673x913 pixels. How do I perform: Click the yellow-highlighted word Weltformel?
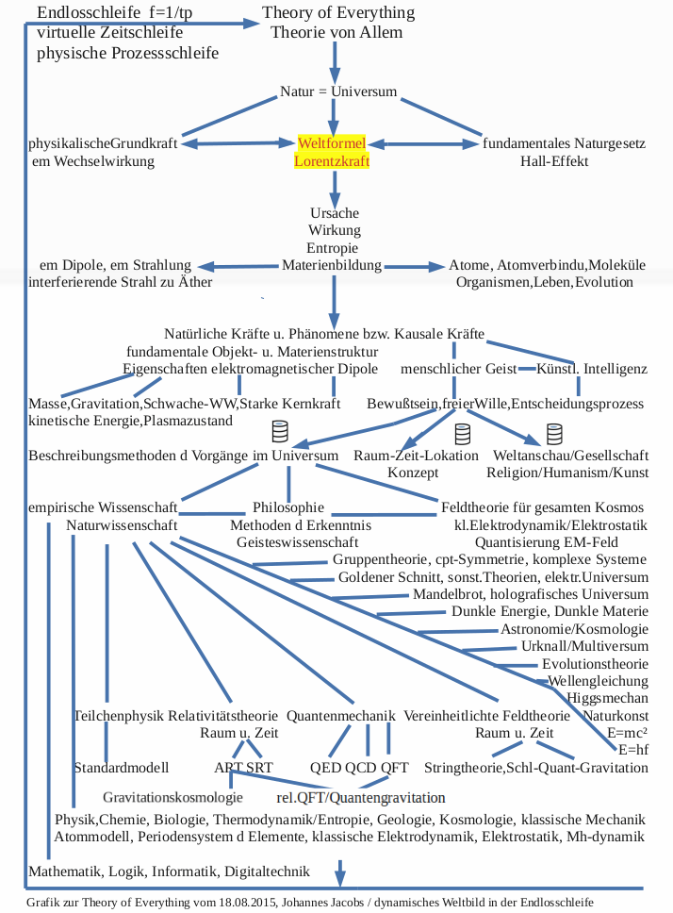click(331, 143)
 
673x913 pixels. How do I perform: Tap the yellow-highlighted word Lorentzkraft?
click(331, 161)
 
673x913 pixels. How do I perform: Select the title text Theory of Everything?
click(337, 13)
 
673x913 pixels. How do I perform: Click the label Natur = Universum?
click(338, 91)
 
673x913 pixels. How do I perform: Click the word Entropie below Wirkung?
click(334, 248)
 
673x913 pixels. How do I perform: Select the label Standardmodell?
click(121, 767)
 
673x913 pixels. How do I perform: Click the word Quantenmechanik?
click(340, 715)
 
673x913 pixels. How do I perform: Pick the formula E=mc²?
click(627, 733)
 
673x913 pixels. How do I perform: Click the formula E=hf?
click(632, 750)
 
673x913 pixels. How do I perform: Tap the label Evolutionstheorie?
click(595, 664)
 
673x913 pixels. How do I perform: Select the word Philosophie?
click(288, 507)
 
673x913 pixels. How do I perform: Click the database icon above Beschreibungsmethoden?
click(280, 432)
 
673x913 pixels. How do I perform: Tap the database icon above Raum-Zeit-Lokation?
click(462, 434)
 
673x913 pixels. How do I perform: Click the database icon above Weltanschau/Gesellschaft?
click(554, 434)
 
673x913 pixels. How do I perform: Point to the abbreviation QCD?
click(361, 767)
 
